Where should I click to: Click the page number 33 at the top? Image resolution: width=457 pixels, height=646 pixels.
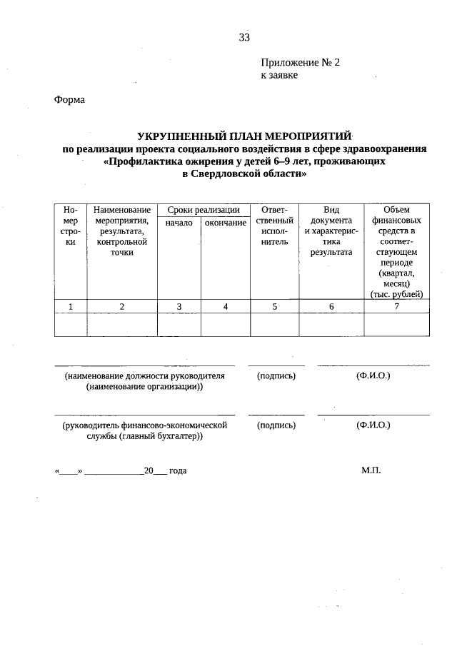pyautogui.click(x=244, y=38)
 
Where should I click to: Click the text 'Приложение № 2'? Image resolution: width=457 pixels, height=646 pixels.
pyautogui.click(x=300, y=63)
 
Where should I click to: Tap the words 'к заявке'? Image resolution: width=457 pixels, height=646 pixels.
pyautogui.click(x=279, y=75)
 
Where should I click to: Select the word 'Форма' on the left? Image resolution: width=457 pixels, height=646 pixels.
pyautogui.click(x=69, y=100)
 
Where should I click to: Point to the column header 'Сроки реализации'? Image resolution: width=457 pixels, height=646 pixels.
pyautogui.click(x=204, y=210)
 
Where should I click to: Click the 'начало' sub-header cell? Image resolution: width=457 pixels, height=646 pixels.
pyautogui.click(x=179, y=223)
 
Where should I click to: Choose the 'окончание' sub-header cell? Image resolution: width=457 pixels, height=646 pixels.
pyautogui.click(x=225, y=223)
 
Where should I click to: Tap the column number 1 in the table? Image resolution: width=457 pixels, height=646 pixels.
pyautogui.click(x=70, y=306)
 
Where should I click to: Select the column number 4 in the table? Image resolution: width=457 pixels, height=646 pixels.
pyautogui.click(x=225, y=306)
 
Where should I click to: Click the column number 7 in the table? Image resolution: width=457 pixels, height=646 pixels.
pyautogui.click(x=396, y=306)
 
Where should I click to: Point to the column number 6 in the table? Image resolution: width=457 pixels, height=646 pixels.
pyautogui.click(x=331, y=306)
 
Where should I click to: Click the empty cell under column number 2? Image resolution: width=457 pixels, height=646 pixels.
pyautogui.click(x=122, y=324)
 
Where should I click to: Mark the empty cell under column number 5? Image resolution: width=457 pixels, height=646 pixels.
pyautogui.click(x=274, y=324)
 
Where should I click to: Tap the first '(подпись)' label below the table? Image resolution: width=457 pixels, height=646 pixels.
pyautogui.click(x=276, y=375)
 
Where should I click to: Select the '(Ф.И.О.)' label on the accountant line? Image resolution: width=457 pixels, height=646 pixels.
pyautogui.click(x=373, y=425)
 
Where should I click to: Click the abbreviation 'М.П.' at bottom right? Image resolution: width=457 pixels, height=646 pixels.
pyautogui.click(x=372, y=471)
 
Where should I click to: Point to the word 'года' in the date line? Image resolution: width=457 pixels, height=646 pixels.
pyautogui.click(x=179, y=472)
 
